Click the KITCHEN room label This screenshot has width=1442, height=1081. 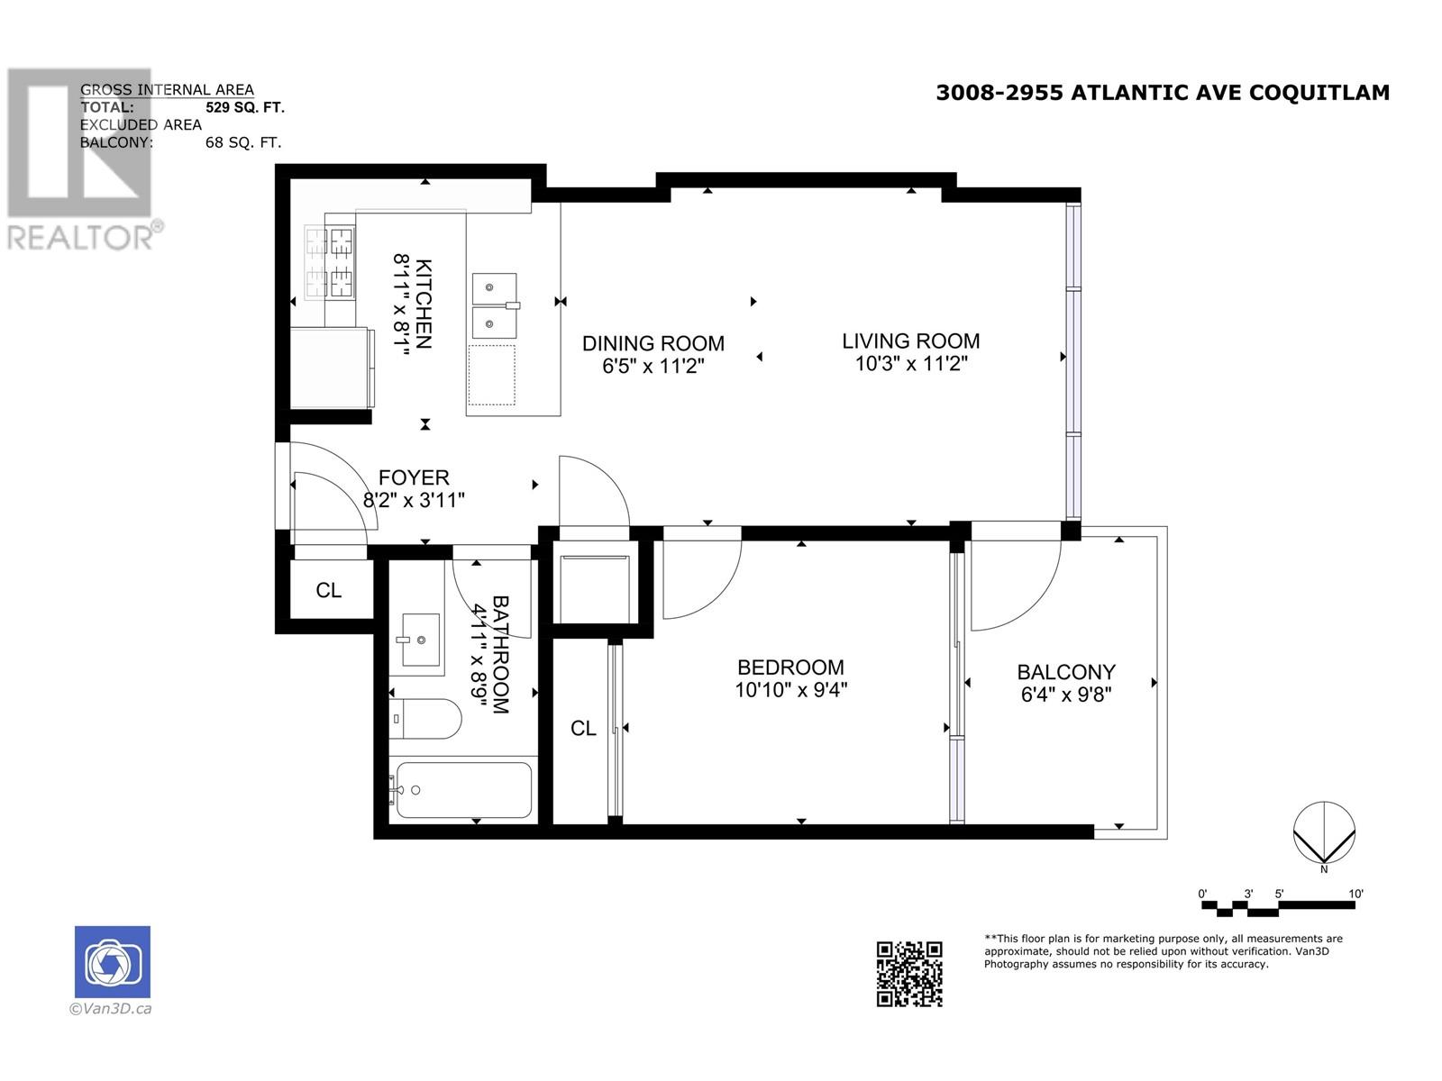[424, 304]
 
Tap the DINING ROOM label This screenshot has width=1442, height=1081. [653, 343]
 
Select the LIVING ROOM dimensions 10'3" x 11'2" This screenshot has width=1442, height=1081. [910, 364]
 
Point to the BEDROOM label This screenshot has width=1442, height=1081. [790, 668]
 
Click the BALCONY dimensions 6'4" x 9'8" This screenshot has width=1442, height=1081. [1065, 695]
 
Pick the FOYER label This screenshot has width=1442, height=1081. [414, 477]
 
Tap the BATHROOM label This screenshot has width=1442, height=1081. [500, 654]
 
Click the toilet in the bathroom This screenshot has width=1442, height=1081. [425, 719]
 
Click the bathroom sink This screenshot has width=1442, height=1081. [421, 640]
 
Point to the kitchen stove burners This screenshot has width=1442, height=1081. [330, 262]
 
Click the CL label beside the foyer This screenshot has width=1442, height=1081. [328, 590]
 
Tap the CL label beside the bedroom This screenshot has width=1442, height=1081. [583, 728]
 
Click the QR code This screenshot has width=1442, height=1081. [909, 974]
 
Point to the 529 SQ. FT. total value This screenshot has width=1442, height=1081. [245, 107]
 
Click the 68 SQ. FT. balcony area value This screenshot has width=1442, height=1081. [243, 142]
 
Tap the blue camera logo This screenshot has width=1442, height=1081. [113, 962]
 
